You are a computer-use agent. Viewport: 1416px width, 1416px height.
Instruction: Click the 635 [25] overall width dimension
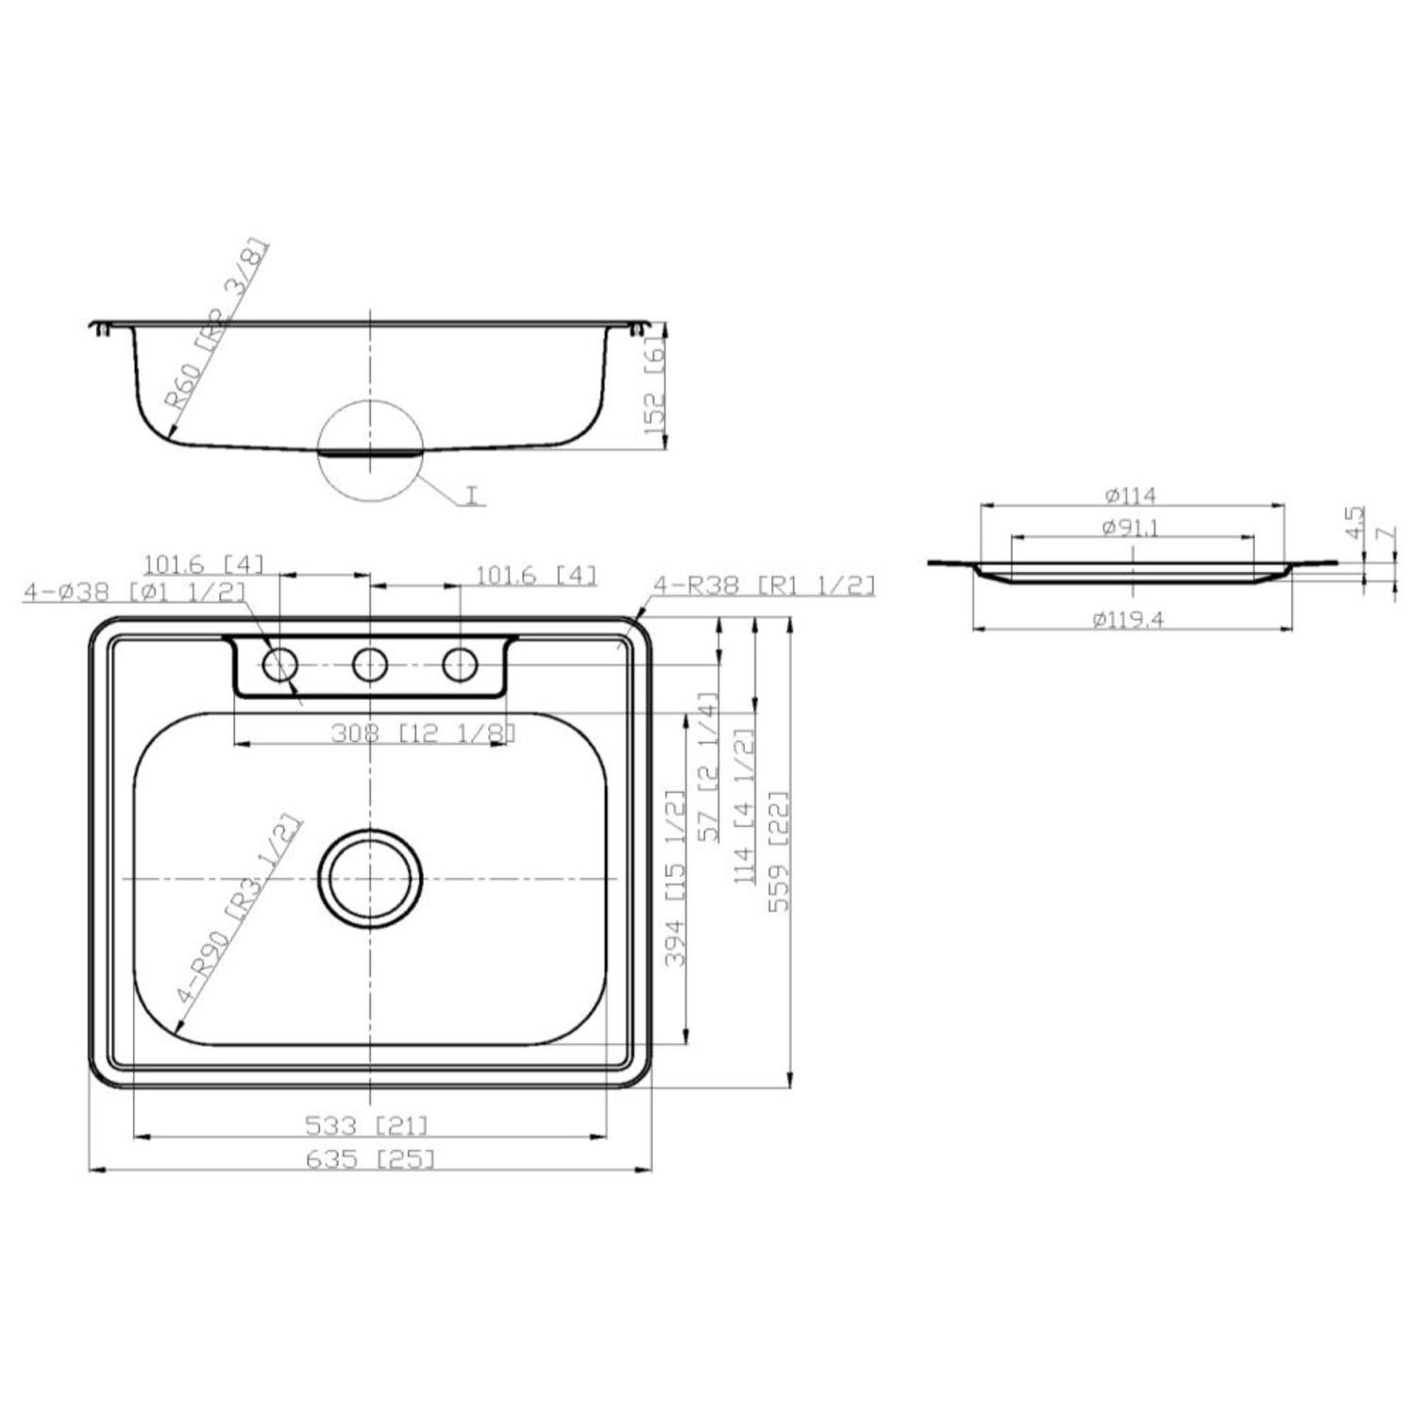tap(370, 1158)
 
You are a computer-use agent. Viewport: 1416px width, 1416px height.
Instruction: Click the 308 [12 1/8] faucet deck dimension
tap(423, 733)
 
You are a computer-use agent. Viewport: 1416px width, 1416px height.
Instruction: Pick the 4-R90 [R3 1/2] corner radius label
tap(239, 910)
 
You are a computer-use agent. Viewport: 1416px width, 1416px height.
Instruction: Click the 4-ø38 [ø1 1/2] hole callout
tap(135, 592)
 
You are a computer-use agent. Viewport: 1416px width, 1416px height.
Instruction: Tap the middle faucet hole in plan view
tap(370, 666)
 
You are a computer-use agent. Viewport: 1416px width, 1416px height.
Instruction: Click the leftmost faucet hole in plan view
tap(279, 666)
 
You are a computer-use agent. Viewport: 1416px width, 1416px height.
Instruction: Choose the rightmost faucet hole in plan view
tap(460, 666)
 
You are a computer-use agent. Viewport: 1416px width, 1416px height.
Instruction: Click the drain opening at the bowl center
tap(370, 879)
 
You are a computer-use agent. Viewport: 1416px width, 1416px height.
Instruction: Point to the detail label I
tap(472, 494)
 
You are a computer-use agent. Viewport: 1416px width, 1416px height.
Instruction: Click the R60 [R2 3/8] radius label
tap(218, 324)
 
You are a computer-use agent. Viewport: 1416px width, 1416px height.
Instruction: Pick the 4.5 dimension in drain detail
tap(1355, 522)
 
